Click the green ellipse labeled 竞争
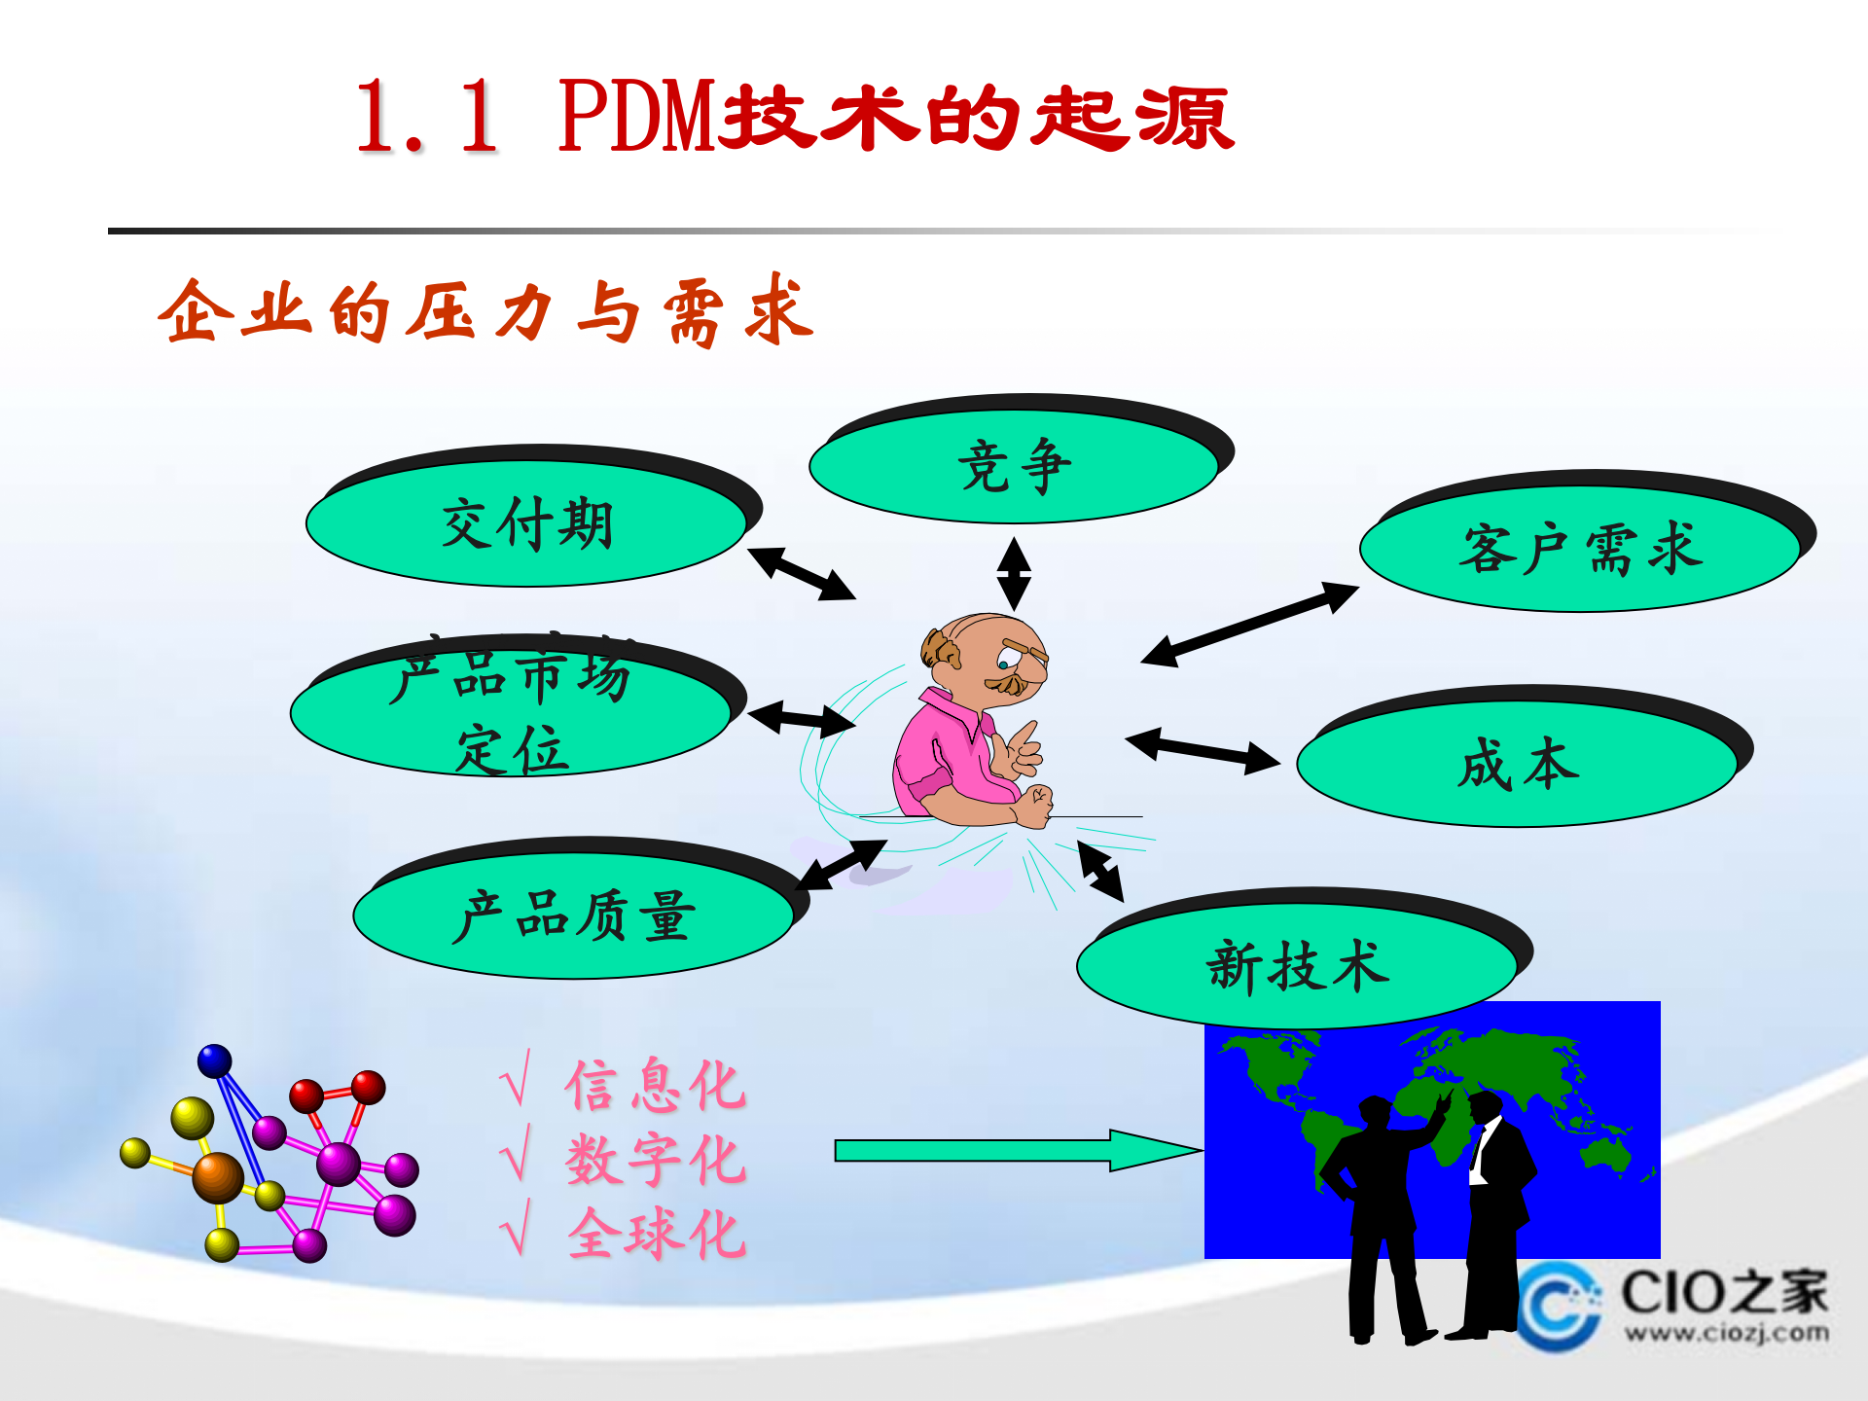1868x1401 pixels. [1014, 467]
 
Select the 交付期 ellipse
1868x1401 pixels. [526, 524]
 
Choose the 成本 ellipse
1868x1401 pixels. [1518, 765]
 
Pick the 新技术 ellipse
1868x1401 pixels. [1297, 966]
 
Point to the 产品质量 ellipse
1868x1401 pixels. [574, 916]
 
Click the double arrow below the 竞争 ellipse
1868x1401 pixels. [1014, 574]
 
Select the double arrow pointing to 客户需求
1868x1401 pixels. [1249, 624]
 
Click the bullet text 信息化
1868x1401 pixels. [655, 1085]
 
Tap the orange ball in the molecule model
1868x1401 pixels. [218, 1177]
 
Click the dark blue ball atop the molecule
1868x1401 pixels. [214, 1061]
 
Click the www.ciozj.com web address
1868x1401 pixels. [1725, 1332]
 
